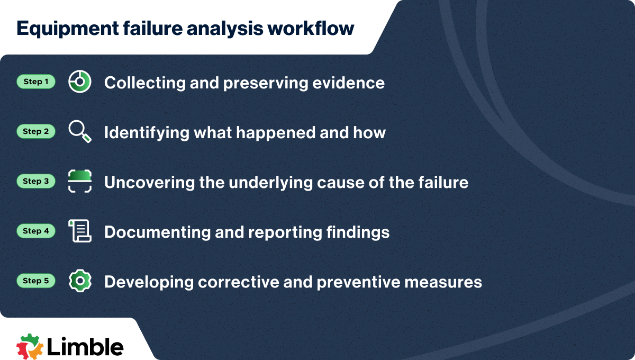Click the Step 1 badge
click(x=36, y=82)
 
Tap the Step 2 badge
click(x=36, y=132)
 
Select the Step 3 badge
click(x=36, y=182)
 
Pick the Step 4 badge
click(x=36, y=231)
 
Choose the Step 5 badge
click(x=36, y=281)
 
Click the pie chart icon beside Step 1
click(x=80, y=82)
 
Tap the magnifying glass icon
click(x=80, y=131)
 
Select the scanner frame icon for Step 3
click(x=80, y=182)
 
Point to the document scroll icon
click(x=80, y=231)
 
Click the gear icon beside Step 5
click(x=80, y=281)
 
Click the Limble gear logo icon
click(x=30, y=346)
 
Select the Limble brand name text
click(x=85, y=346)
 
